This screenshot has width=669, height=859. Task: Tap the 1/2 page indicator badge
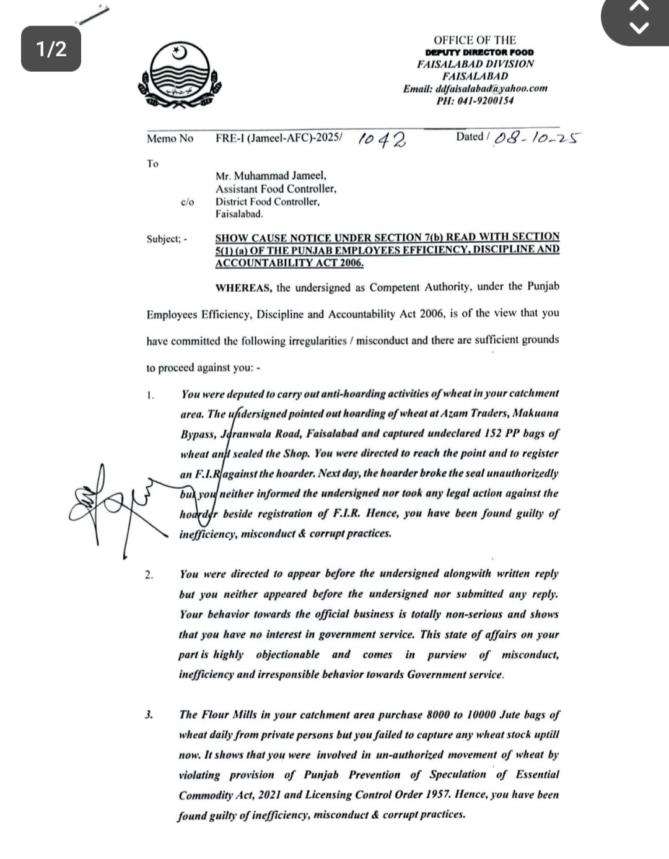pos(51,48)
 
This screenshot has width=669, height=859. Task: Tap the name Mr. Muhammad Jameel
pos(271,176)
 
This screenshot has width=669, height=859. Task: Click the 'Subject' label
pos(163,239)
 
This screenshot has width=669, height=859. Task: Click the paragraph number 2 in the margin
pos(149,575)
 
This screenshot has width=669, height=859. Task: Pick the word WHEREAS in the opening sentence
pos(243,287)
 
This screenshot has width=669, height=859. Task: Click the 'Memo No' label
pos(170,139)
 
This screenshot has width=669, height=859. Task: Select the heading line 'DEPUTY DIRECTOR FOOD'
pos(479,53)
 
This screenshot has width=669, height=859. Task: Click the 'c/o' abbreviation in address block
pos(187,202)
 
